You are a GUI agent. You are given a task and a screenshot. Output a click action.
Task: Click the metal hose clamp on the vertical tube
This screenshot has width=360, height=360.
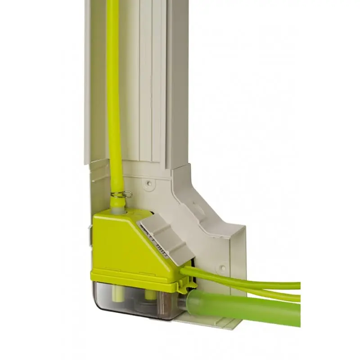point(121,194)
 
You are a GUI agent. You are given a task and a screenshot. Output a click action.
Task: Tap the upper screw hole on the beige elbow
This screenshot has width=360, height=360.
point(148,183)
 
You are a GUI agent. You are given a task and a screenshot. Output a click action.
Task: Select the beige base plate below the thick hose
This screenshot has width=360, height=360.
point(211,322)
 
